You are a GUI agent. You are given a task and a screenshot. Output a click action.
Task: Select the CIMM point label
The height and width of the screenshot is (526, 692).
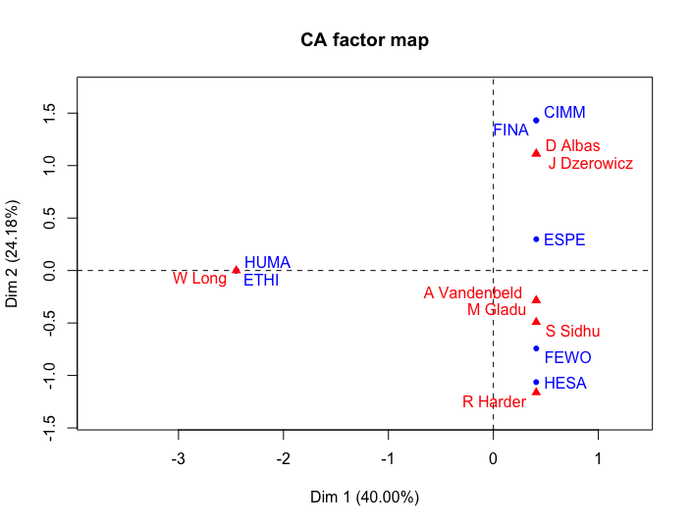(x=564, y=113)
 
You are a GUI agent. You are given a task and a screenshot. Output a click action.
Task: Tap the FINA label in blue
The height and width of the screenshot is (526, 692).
(x=510, y=130)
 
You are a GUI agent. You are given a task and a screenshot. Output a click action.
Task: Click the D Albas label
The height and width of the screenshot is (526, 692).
(x=572, y=145)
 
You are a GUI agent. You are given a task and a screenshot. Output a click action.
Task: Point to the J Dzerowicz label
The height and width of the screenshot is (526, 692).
(x=590, y=163)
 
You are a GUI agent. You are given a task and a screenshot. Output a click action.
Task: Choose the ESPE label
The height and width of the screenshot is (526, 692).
(x=564, y=239)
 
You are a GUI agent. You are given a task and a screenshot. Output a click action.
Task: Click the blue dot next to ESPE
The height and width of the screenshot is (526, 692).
(x=536, y=238)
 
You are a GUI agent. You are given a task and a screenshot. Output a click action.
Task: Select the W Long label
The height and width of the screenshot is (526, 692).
(x=199, y=279)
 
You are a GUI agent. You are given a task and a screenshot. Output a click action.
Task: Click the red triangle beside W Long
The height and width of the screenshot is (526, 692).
(x=236, y=269)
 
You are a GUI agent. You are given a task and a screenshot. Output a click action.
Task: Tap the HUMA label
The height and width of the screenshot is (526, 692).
(x=267, y=262)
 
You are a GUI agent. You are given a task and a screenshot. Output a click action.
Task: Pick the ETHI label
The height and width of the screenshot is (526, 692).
(x=261, y=281)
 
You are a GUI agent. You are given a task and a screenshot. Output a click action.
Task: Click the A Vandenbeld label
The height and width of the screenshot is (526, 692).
(x=473, y=292)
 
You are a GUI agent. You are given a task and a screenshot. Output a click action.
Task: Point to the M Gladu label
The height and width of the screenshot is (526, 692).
(x=497, y=310)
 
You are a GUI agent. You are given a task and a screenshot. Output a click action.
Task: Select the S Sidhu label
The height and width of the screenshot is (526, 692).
(x=572, y=332)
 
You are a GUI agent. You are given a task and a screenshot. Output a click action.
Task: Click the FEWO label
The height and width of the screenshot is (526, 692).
(x=567, y=357)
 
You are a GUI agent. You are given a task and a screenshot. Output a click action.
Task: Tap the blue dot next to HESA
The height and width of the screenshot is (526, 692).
(x=536, y=383)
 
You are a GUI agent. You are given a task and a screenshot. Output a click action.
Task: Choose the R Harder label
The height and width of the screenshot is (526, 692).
(x=494, y=401)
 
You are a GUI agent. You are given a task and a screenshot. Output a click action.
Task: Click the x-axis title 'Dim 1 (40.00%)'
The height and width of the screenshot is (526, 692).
(x=364, y=497)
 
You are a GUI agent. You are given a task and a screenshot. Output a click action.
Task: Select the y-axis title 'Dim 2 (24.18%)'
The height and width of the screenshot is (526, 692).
(x=13, y=253)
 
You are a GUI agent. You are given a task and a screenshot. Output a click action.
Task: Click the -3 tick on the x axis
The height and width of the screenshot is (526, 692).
(x=178, y=458)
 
